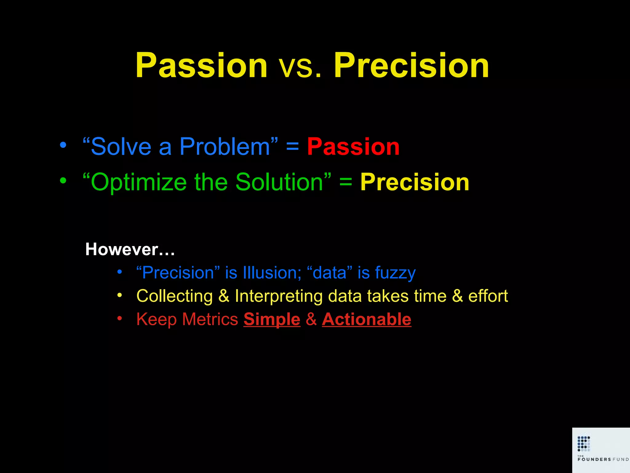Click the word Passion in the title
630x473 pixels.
coord(201,65)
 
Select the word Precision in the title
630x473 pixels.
coord(411,65)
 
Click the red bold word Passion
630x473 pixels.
coord(353,147)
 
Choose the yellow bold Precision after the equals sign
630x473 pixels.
coord(415,182)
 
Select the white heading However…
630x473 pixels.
coord(130,249)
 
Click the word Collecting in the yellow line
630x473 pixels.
coord(174,296)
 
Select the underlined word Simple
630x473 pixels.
coord(272,320)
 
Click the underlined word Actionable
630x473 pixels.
coord(366,319)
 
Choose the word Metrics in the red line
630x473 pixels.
coord(210,319)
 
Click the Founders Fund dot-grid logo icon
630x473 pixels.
coord(584,443)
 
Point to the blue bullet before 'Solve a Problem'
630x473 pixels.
coord(63,145)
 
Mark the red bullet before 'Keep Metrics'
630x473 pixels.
coord(120,318)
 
